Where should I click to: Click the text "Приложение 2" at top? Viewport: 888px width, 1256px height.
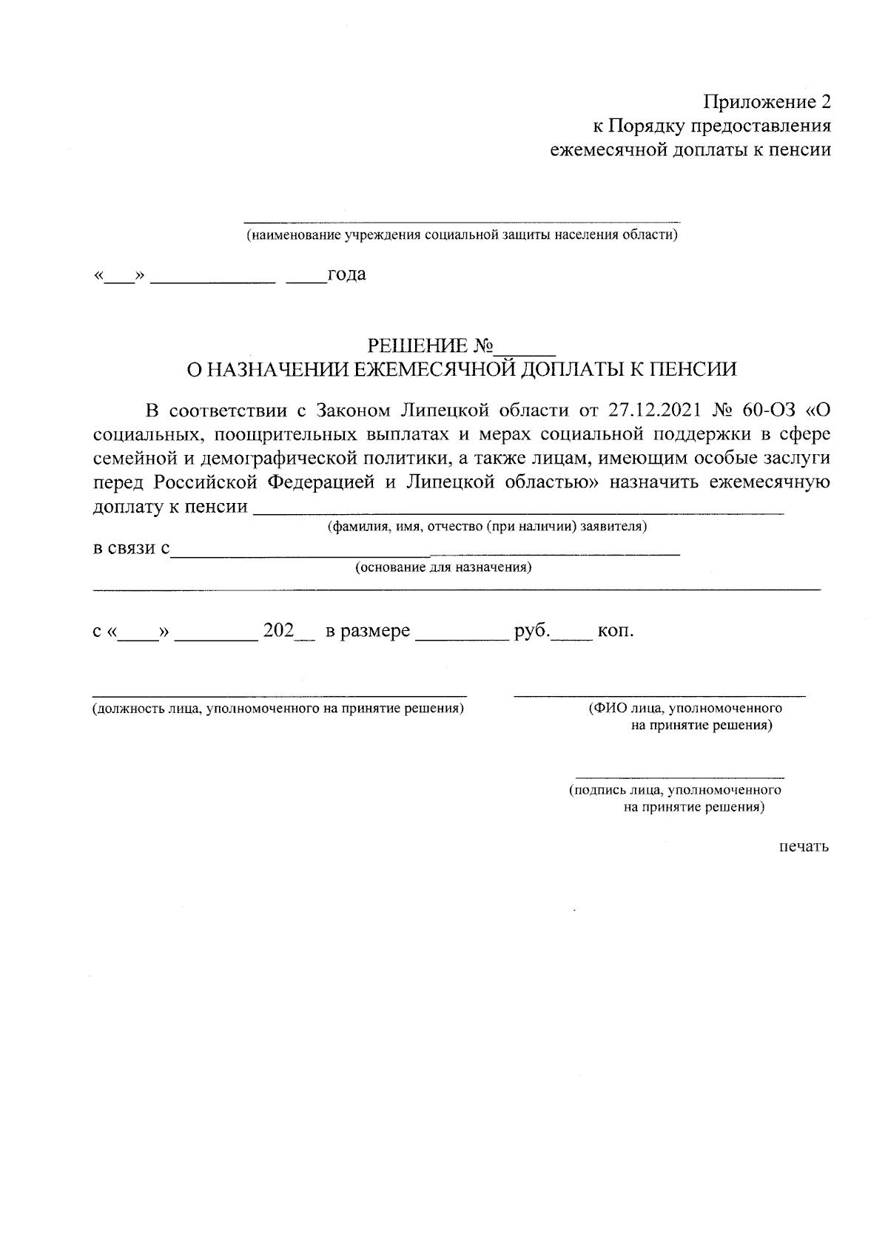[x=767, y=102]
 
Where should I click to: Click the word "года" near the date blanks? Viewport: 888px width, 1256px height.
[x=346, y=274]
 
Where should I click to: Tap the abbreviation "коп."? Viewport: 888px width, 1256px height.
[x=616, y=632]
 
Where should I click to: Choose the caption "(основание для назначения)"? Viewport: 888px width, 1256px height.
[x=443, y=568]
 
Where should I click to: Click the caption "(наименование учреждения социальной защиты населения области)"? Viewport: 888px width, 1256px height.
[x=462, y=236]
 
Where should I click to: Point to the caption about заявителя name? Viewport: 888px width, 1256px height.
[x=488, y=527]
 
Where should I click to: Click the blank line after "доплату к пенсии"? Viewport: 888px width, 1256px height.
[x=518, y=511]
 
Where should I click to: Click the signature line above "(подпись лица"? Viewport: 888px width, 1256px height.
[x=680, y=777]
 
